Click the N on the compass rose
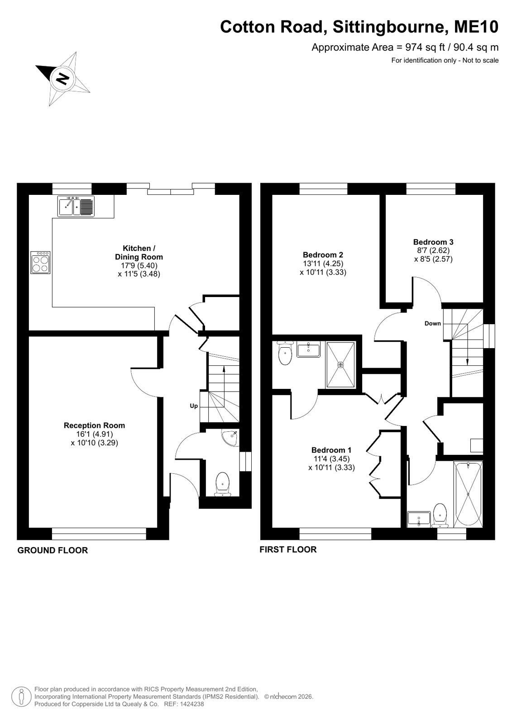point(63,78)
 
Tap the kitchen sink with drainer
point(77,206)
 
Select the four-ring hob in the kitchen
point(40,263)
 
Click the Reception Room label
point(94,425)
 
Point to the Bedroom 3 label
point(433,242)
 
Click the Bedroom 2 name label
point(323,255)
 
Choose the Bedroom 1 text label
point(331,450)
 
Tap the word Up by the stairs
point(194,406)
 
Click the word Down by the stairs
point(433,323)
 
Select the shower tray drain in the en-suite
point(341,365)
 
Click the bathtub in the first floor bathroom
point(468,494)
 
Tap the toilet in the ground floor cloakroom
point(222,484)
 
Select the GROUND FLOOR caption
point(53,550)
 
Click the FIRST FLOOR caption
point(288,549)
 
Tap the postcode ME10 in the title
point(476,27)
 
